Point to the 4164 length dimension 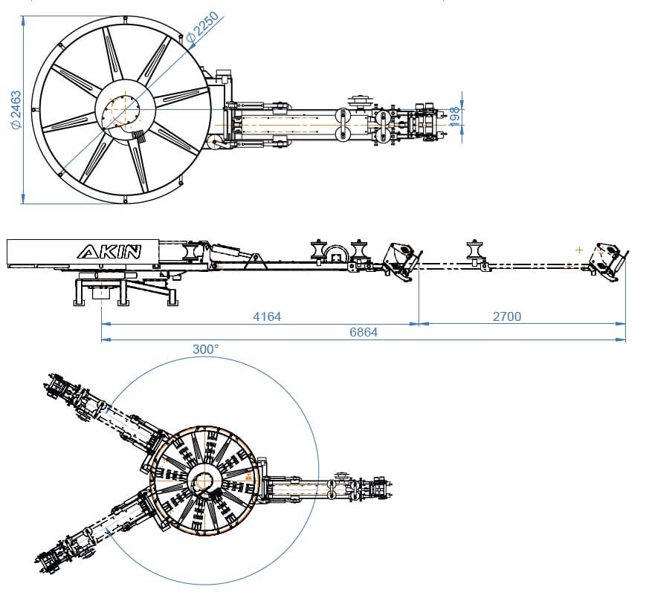pos(267,316)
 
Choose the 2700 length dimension pos(507,316)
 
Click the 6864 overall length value pos(363,332)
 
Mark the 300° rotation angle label pos(205,349)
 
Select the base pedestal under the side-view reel pos(100,290)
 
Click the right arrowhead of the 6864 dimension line pos(622,340)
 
